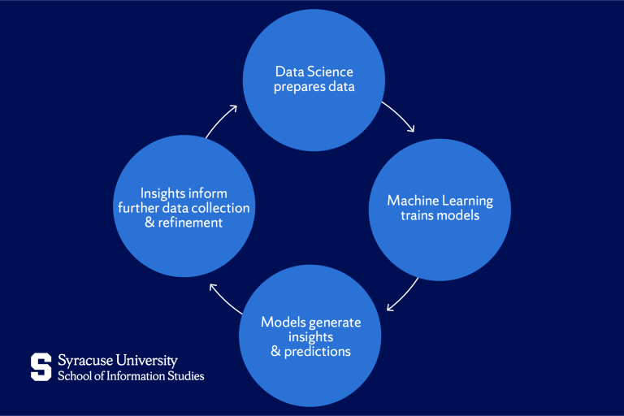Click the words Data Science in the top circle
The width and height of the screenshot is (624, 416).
pos(314,71)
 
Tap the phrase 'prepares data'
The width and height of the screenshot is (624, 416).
pos(314,86)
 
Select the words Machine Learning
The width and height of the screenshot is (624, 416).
pos(440,201)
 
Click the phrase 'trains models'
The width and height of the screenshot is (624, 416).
pos(440,215)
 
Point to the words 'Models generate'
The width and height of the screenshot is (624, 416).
pos(310,323)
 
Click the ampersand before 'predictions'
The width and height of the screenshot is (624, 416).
pos(275,352)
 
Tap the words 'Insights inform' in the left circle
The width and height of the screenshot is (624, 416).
pos(184,193)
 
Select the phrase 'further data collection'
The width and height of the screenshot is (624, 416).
pos(184,208)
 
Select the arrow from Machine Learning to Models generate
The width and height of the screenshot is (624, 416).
pos(404,294)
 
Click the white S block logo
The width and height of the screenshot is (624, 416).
pos(41,367)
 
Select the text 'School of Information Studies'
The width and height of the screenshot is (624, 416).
pos(130,375)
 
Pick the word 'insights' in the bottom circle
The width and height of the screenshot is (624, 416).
pos(310,337)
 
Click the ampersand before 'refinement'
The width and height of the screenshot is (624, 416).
pos(149,223)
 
